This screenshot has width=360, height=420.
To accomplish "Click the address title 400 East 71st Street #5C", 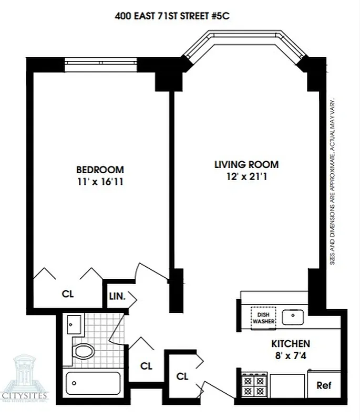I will [x=172, y=16].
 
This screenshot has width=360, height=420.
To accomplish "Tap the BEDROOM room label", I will [x=100, y=170].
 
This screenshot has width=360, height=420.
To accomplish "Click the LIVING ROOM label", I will [x=246, y=164].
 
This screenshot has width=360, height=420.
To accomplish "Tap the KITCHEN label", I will [x=290, y=344].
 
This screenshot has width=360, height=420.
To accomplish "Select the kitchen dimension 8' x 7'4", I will [x=290, y=356].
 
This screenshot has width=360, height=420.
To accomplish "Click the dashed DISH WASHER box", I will [x=263, y=318].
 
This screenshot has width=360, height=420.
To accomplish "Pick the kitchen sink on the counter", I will [x=292, y=317].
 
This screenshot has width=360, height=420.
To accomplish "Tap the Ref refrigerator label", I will [x=324, y=386].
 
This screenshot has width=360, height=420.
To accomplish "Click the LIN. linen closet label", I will [x=116, y=296].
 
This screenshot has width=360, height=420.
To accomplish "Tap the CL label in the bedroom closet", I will [x=67, y=294].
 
